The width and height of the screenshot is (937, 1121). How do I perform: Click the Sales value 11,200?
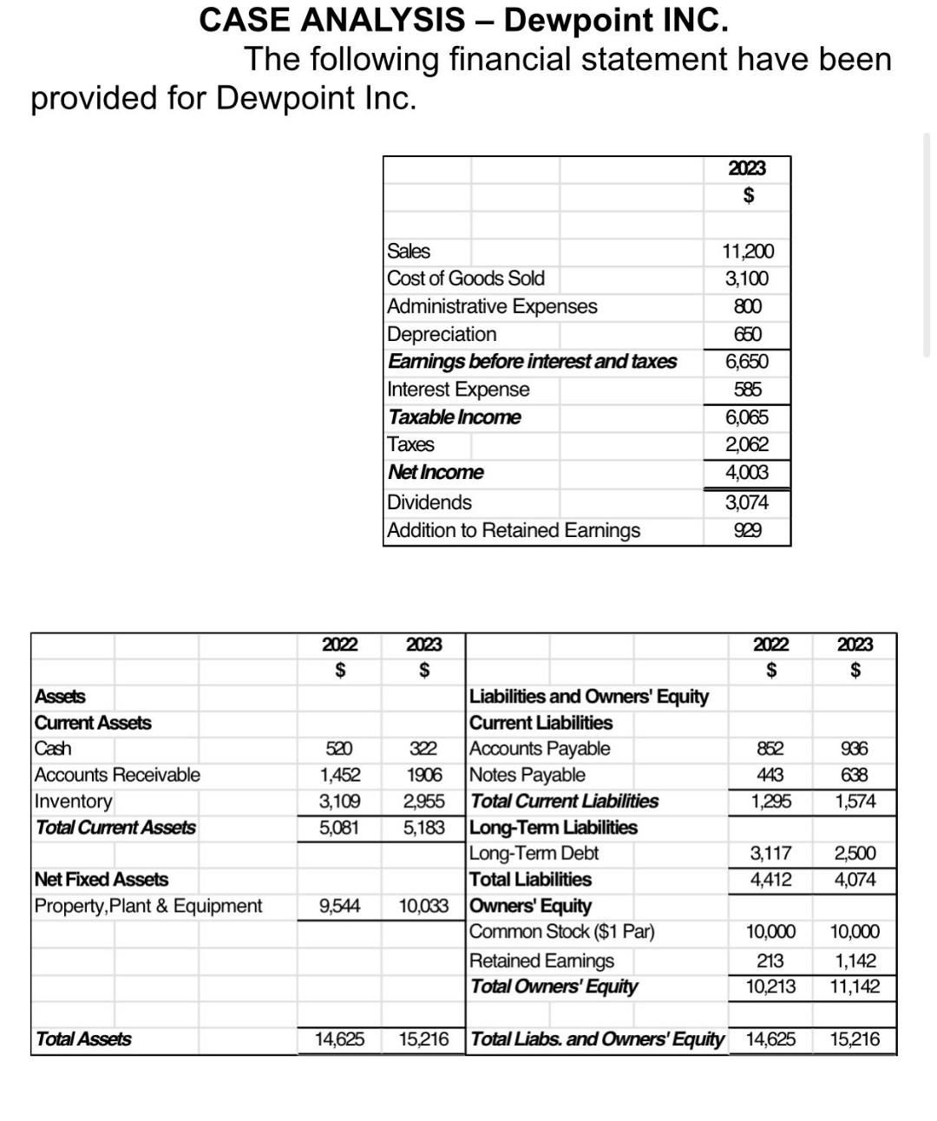[x=747, y=252]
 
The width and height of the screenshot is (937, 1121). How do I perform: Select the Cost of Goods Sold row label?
[x=466, y=279]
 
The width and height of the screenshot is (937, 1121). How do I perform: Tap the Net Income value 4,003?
[x=747, y=473]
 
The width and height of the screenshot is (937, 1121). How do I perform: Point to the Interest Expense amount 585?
[x=747, y=390]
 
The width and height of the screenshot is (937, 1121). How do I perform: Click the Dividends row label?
[x=429, y=502]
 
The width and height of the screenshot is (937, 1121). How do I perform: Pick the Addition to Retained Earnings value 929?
[x=747, y=530]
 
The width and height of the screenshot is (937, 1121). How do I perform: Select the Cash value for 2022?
[x=338, y=749]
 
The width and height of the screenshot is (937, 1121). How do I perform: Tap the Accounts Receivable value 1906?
[x=423, y=775]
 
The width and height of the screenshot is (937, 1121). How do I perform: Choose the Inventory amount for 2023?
[x=423, y=801]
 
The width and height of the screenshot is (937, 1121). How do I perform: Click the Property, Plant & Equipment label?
[x=148, y=906]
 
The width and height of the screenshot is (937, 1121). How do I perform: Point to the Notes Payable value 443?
[x=770, y=775]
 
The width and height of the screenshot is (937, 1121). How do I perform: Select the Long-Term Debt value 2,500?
[x=855, y=854]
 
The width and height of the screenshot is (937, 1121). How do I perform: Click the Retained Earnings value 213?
[x=770, y=960]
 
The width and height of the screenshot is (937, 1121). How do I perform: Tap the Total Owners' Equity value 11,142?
[x=855, y=987]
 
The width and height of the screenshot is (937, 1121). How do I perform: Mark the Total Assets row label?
[x=83, y=1039]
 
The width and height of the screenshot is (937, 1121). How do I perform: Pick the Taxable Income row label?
[x=455, y=417]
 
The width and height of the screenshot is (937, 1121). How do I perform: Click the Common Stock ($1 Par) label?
[x=562, y=932]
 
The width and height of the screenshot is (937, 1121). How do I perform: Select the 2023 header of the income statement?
[x=747, y=168]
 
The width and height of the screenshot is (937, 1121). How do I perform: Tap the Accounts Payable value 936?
[x=855, y=749]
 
